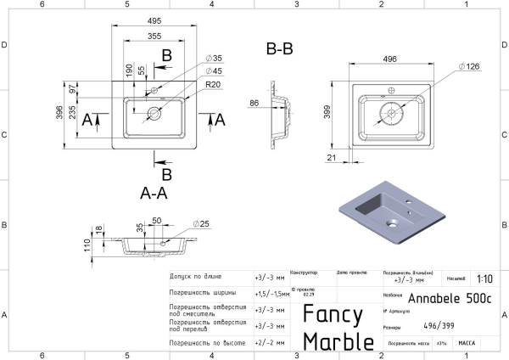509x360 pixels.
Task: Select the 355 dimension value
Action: tap(155, 37)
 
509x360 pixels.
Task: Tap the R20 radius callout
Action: tap(213, 85)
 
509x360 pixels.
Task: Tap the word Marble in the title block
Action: tap(338, 341)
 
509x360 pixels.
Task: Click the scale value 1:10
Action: tap(485, 278)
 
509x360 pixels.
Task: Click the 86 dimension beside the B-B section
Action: tap(254, 103)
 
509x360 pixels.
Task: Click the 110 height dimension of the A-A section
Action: tap(87, 246)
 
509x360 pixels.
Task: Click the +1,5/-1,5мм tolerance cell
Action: tap(271, 294)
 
